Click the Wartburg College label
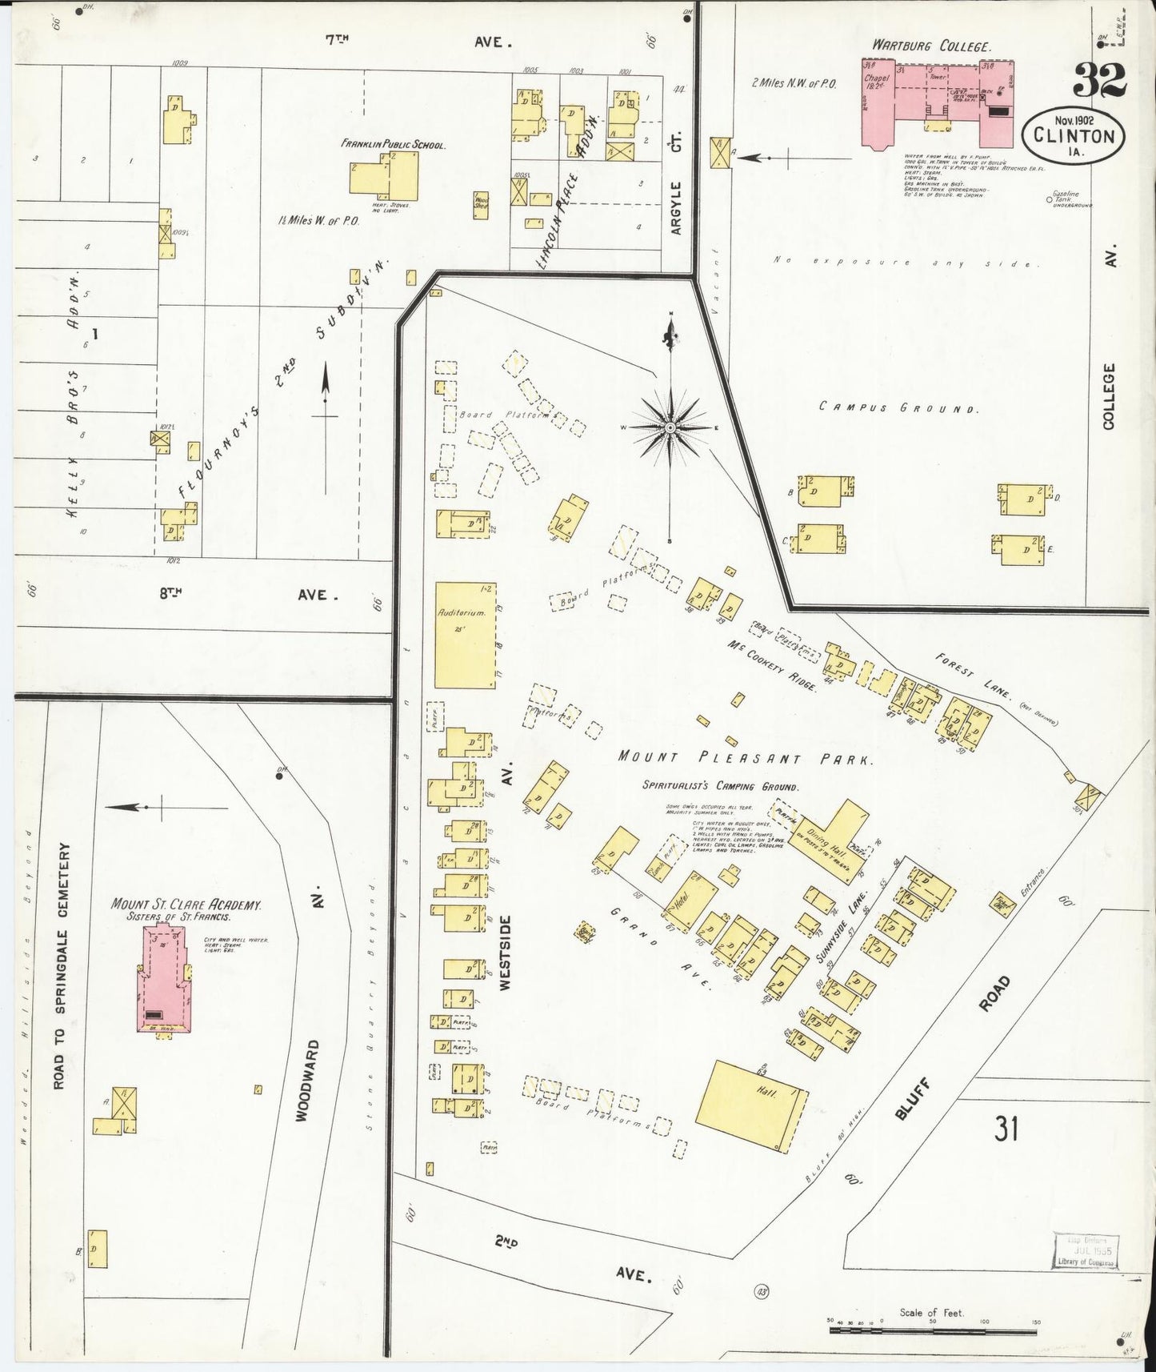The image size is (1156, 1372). pos(931,46)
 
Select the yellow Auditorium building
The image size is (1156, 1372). pos(465,635)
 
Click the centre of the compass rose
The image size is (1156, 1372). pos(670,428)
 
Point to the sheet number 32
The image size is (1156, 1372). pos(1099,79)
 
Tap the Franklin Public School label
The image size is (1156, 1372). pos(393,145)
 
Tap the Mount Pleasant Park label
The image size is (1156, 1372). pos(744,757)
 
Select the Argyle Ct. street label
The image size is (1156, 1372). pos(677,207)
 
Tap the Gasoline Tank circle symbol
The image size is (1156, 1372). pos(1049,201)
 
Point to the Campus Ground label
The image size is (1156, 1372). pos(899,407)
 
